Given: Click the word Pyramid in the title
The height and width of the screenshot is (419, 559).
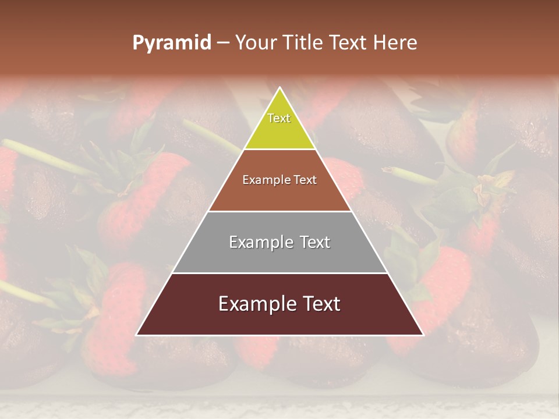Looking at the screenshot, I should tap(171, 43).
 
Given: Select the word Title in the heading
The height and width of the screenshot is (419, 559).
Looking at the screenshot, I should tap(304, 42).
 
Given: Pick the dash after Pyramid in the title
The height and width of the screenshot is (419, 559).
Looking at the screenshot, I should tap(223, 43).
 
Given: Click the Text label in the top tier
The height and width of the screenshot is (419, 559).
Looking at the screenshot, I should tap(279, 118).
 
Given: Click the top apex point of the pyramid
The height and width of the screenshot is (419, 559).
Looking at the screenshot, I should tap(279, 88).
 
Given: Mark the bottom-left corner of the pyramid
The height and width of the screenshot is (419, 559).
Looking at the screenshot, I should tap(136, 335).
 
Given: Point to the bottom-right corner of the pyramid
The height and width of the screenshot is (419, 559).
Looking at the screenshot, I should tap(423, 335).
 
